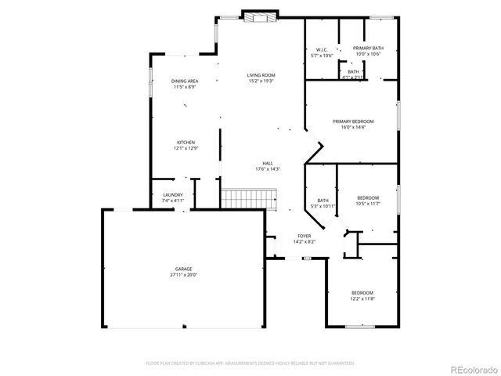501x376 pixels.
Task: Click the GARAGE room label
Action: tap(184, 269)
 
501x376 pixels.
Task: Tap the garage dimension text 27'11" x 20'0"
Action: tap(184, 275)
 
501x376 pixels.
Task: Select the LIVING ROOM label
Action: tap(261, 75)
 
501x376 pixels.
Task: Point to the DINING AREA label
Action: tap(185, 81)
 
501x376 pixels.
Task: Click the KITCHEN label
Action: tap(185, 142)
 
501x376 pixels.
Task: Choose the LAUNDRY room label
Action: tap(173, 195)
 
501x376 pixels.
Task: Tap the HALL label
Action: tap(268, 163)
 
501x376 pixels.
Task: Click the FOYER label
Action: tap(304, 236)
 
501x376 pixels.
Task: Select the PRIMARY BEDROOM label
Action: tap(353, 121)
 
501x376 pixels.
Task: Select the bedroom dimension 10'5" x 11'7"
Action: tap(368, 204)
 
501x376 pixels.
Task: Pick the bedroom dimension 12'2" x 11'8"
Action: tap(362, 299)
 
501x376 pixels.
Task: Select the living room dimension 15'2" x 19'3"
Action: tap(261, 81)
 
